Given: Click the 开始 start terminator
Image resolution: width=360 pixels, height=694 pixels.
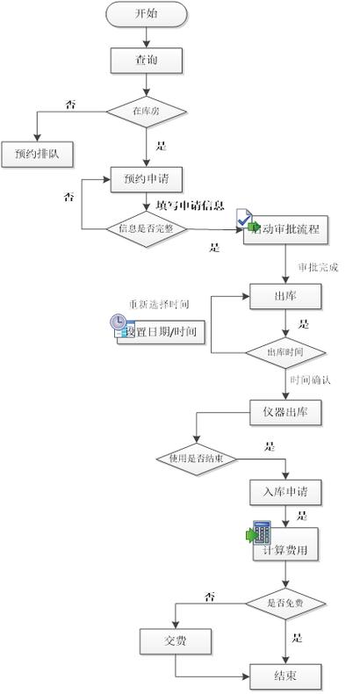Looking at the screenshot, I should click(x=146, y=13).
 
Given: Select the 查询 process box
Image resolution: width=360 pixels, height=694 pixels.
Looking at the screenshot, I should click(x=146, y=61).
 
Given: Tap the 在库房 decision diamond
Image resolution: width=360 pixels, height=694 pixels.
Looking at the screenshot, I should click(x=146, y=112).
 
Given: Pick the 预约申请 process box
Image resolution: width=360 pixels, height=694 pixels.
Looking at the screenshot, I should click(x=146, y=179).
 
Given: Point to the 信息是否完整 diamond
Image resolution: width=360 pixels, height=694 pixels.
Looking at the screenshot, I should click(x=146, y=228).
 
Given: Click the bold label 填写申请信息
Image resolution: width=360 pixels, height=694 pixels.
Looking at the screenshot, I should click(x=190, y=206).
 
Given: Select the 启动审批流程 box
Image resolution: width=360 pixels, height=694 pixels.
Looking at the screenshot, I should click(x=286, y=231).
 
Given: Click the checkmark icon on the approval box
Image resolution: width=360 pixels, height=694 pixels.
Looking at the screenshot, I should click(x=245, y=216).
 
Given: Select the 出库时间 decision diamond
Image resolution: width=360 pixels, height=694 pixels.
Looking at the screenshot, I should click(x=285, y=351).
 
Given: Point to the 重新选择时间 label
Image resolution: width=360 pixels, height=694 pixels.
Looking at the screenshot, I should click(x=159, y=304).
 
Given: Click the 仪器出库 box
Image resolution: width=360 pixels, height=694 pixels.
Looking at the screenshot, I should click(x=285, y=411).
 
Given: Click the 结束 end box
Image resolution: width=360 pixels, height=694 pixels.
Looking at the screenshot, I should click(x=285, y=676).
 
